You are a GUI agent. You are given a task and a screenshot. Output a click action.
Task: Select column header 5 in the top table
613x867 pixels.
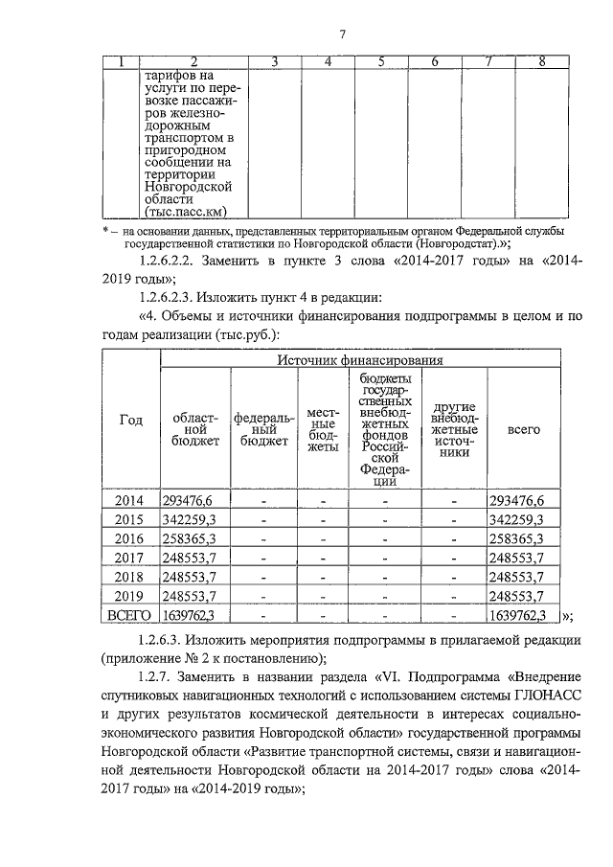381,62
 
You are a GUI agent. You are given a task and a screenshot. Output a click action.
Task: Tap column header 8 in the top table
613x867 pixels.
542,62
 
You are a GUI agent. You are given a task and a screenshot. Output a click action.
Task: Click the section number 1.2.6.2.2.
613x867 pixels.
169,261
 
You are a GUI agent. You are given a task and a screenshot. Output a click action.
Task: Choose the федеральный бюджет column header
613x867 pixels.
263,429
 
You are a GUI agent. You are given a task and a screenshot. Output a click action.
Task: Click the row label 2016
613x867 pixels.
129,539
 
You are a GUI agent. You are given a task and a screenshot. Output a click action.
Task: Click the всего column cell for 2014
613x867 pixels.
516,500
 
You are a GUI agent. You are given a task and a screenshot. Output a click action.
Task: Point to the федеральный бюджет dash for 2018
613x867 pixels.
262,578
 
